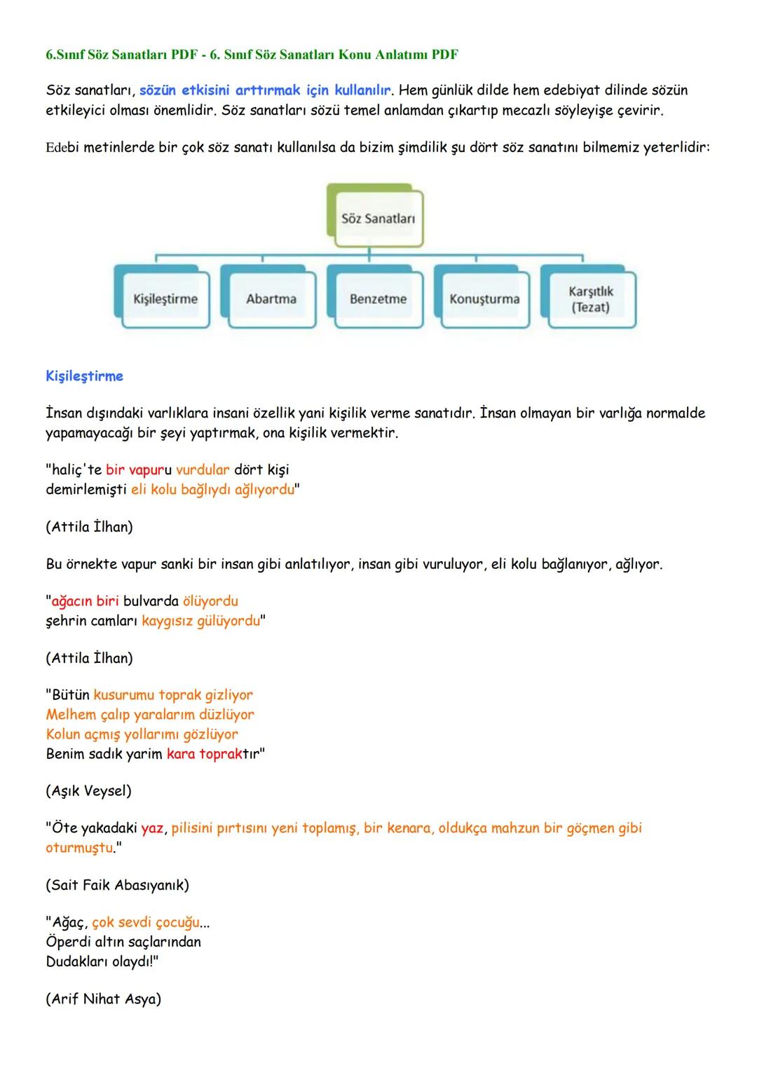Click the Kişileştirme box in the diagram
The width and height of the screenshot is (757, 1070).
[x=165, y=299]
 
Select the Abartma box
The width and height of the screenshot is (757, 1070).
[x=271, y=299]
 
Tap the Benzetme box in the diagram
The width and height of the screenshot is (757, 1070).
[x=378, y=299]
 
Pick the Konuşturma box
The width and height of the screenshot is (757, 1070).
[x=484, y=299]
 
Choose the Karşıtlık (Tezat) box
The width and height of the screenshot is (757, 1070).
[x=591, y=299]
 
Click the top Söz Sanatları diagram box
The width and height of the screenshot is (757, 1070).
[x=378, y=219]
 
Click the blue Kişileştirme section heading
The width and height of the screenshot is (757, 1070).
[x=84, y=376]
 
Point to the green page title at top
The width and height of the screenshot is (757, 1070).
[x=252, y=55]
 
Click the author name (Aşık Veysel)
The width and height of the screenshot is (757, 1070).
[x=88, y=791]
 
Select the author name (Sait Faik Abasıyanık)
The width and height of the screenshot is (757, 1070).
[x=117, y=885]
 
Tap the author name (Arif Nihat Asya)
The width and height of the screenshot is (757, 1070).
[x=103, y=999]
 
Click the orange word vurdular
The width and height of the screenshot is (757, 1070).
[x=203, y=469]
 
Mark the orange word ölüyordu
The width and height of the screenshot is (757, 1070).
[x=210, y=601]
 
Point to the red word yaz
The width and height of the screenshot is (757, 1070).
[x=152, y=828]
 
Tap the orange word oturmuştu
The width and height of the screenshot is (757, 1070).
[x=79, y=848]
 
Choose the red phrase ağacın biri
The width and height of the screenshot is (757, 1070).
[x=85, y=601]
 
